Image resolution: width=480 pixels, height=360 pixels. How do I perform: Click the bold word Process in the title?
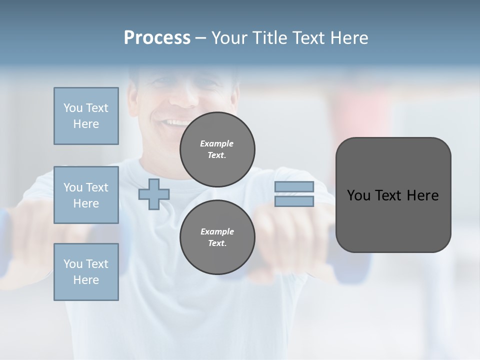157,38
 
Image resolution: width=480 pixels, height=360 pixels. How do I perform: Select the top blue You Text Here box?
86,116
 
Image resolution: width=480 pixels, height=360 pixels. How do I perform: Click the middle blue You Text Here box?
86,195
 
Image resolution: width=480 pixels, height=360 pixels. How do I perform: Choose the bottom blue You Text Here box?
86,272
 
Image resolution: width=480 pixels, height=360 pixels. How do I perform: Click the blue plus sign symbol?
154,194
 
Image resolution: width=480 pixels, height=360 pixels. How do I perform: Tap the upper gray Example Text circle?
217,149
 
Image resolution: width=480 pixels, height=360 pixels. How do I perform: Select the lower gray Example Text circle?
217,237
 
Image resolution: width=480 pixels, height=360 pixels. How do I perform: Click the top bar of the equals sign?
294,187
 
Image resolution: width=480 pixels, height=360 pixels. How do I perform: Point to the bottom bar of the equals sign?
294,201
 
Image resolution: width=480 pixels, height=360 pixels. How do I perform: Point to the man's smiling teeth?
176,122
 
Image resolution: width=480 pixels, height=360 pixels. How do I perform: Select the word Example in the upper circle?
217,143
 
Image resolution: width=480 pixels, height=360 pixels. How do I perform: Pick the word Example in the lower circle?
217,231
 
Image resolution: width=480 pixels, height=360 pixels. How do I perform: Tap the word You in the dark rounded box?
358,195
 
